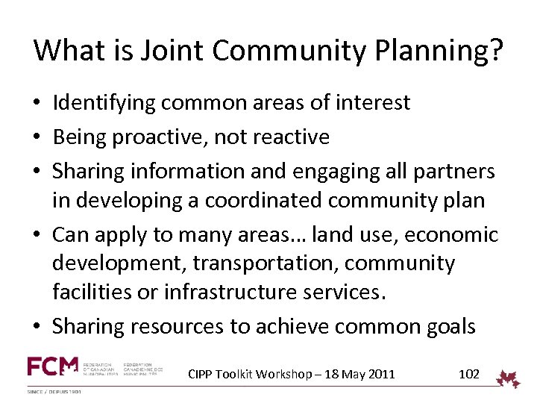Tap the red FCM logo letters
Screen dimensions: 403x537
coord(52,366)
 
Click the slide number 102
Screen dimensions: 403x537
coord(468,374)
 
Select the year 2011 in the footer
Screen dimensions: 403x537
coord(382,374)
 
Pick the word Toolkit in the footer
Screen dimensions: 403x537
coord(237,374)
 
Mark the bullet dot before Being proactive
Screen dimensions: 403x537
coord(38,137)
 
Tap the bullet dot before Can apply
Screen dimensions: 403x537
coord(38,236)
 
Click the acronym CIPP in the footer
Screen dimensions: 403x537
coord(201,374)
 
